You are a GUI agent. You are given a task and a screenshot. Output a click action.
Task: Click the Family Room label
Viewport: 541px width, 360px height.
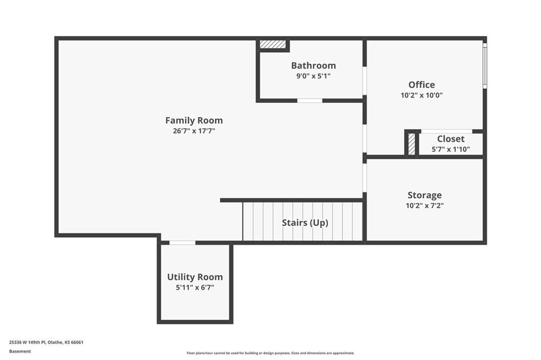pyautogui.click(x=194, y=120)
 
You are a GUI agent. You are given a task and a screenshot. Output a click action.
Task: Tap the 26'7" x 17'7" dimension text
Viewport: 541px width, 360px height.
pyautogui.click(x=194, y=131)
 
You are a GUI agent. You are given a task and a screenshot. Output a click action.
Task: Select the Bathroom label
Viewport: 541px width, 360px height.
pyautogui.click(x=313, y=65)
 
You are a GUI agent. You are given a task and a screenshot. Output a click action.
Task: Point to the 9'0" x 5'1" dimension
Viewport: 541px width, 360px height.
pyautogui.click(x=313, y=76)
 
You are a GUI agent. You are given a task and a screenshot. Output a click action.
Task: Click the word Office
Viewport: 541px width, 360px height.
pyautogui.click(x=422, y=84)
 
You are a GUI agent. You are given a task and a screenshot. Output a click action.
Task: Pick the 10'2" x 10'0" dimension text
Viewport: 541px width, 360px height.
pyautogui.click(x=422, y=95)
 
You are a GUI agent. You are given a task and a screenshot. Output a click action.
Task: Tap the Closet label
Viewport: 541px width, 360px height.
pyautogui.click(x=451, y=139)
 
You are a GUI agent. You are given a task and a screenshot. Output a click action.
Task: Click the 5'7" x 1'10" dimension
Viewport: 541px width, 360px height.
pyautogui.click(x=451, y=149)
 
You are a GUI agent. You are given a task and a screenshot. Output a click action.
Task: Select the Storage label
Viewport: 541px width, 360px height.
pyautogui.click(x=424, y=195)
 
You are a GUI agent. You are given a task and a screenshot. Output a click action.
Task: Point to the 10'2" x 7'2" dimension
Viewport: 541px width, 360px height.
pyautogui.click(x=424, y=206)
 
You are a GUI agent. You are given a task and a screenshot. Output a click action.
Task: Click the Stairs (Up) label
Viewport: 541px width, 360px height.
pyautogui.click(x=305, y=223)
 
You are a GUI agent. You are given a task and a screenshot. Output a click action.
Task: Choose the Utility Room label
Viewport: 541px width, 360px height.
pyautogui.click(x=195, y=277)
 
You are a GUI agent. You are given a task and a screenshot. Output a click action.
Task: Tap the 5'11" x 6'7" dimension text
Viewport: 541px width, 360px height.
pyautogui.click(x=195, y=288)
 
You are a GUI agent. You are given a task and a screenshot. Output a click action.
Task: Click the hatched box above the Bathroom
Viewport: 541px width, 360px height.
pyautogui.click(x=273, y=44)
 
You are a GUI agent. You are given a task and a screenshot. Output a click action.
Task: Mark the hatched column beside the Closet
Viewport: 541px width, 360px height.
pyautogui.click(x=411, y=144)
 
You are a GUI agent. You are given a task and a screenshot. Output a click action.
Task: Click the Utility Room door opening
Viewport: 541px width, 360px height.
pyautogui.click(x=182, y=243)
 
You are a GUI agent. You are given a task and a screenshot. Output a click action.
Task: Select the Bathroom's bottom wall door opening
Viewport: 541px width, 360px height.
pyautogui.click(x=310, y=101)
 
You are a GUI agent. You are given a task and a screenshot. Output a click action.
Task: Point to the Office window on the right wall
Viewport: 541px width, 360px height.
pyautogui.click(x=485, y=65)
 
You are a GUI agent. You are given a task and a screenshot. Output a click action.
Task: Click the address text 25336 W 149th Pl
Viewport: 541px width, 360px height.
pyautogui.click(x=27, y=343)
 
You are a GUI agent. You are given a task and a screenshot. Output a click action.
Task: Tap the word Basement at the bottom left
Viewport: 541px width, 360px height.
pyautogui.click(x=20, y=352)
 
